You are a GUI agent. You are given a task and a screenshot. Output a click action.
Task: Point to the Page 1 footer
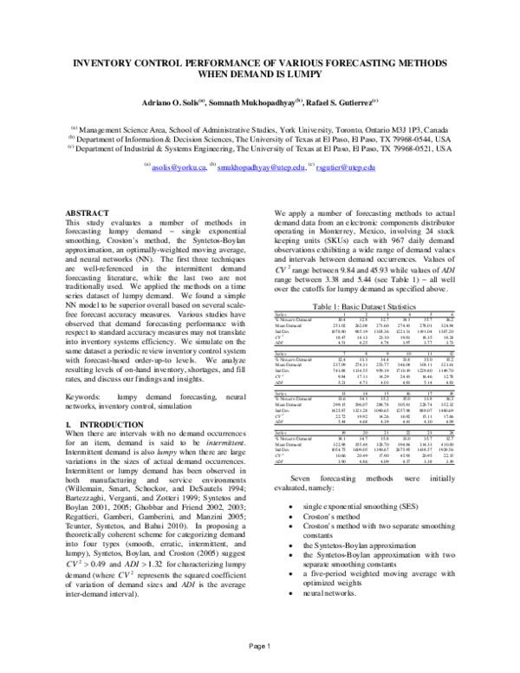pos(260,646)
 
